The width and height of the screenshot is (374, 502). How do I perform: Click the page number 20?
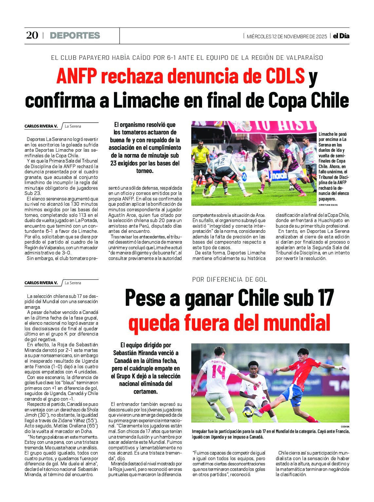pos(32,35)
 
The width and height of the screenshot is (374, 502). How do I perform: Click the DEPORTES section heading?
pos(75,36)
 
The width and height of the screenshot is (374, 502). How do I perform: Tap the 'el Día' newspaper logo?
pos(341,36)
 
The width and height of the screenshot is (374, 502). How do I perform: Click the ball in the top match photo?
pos(242,167)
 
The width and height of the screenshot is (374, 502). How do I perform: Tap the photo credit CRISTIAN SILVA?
pos(328,205)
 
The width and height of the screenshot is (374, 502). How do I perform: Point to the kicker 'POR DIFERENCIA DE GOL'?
pos(230,279)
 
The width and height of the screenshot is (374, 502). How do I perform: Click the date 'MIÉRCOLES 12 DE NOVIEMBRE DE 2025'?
pos(287,36)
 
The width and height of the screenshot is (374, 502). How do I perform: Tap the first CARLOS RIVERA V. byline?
pos(41,126)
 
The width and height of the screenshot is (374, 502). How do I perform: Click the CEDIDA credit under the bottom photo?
pos(345,426)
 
